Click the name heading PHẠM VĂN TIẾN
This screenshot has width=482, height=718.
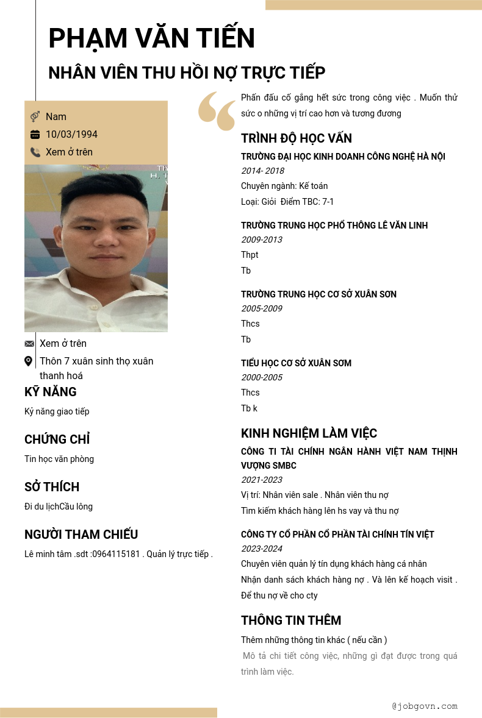pos(151,38)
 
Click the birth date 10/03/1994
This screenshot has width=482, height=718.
pos(71,135)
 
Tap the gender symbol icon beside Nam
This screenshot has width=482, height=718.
pos(35,116)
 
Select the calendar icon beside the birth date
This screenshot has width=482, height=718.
pos(35,135)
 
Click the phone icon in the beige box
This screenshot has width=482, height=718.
pos(35,152)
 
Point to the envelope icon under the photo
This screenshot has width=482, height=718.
pos(29,344)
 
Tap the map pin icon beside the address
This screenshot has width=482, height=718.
pos(29,361)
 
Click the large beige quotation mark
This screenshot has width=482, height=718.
pos(217,111)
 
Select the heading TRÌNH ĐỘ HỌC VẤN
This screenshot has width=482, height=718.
pos(296,138)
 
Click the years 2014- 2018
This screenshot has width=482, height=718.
pos(262,171)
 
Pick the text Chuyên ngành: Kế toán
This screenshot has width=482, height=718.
pos(284,186)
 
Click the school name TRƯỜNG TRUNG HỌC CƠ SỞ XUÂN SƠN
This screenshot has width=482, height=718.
pos(318,294)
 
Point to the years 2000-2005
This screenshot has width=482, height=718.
pos(262,377)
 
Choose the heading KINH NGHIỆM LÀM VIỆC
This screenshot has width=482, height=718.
pos(309,433)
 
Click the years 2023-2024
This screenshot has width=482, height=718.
pos(262,549)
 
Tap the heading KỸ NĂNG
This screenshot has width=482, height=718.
pos(51,392)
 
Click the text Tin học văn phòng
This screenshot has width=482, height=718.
pos(59,459)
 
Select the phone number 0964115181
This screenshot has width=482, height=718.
pos(116,554)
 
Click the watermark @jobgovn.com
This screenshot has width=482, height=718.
pos(425,706)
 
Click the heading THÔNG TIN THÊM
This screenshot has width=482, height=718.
pos(291,620)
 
